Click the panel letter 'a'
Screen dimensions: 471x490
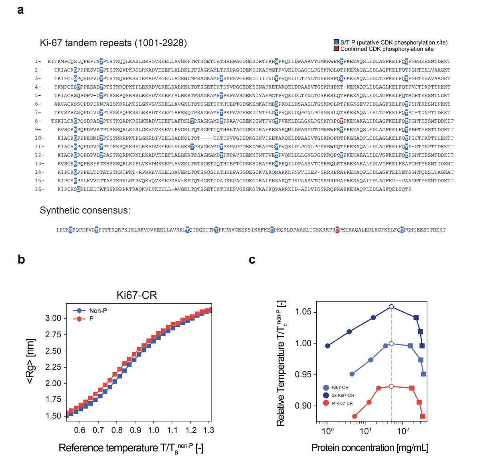point(20,10)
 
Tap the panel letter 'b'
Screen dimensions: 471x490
point(21,260)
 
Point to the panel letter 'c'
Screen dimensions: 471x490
point(252,260)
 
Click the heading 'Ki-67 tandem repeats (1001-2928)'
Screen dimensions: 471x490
point(113,43)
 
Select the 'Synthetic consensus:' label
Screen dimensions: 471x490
point(85,210)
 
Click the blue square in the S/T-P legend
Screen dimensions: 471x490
point(336,42)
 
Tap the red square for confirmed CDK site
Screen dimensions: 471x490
point(336,49)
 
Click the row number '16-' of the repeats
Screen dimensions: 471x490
point(39,189)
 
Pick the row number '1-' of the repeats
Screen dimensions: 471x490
point(38,61)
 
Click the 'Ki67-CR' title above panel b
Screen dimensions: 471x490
point(137,296)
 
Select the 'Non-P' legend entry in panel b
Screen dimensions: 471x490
point(98,311)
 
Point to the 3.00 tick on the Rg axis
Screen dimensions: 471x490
point(53,318)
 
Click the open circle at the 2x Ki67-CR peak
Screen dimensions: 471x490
point(391,307)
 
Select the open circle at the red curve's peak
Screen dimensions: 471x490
point(391,386)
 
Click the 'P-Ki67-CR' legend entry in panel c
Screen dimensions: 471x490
point(342,403)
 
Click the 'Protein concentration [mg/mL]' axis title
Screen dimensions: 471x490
point(370,448)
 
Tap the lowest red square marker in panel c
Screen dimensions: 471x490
point(423,417)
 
